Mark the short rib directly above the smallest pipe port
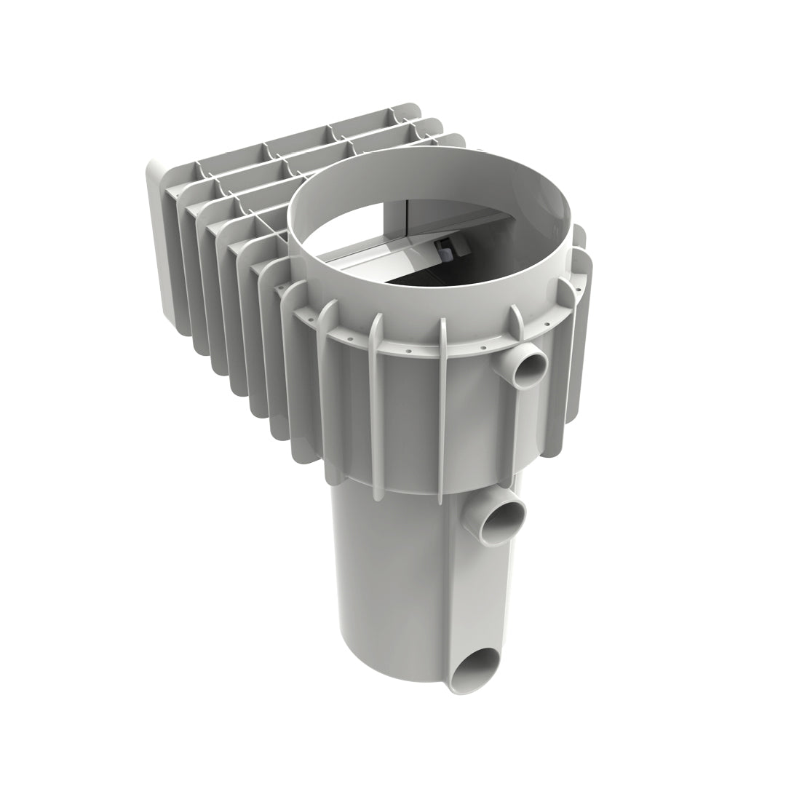click(516, 321)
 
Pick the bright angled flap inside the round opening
click(378, 255)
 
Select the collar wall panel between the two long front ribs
click(408, 415)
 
